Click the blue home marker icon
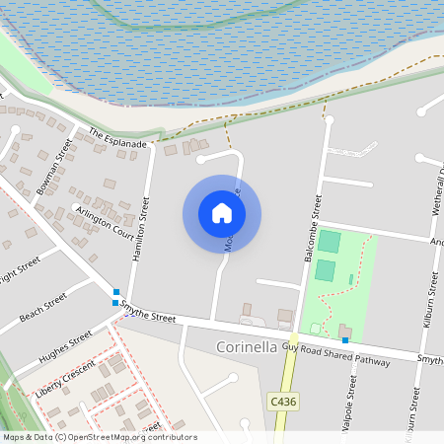click(222, 213)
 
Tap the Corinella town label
click(248, 348)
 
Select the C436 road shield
click(282, 402)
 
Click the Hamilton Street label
click(140, 228)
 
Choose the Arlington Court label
click(104, 222)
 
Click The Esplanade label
click(117, 138)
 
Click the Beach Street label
click(42, 308)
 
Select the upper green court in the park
click(329, 242)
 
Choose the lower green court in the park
click(325, 270)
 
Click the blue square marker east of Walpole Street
click(345, 339)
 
